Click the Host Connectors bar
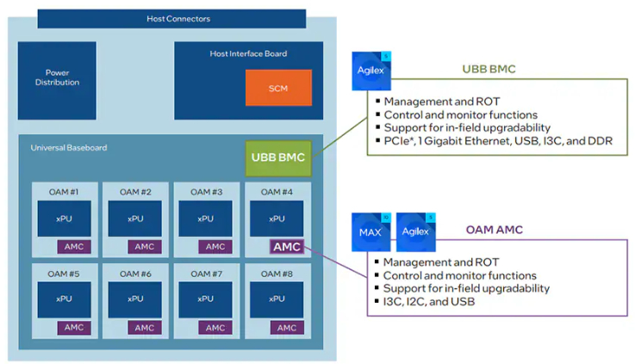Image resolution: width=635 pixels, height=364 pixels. (178, 18)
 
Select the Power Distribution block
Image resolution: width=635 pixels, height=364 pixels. (62, 77)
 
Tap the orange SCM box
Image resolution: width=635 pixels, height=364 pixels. (278, 88)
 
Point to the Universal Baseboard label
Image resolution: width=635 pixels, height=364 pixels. (69, 147)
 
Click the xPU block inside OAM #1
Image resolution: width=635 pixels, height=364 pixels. (64, 219)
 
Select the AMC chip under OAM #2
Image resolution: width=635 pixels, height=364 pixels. (145, 247)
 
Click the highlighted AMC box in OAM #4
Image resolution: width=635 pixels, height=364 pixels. (286, 246)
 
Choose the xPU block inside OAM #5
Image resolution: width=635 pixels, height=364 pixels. (64, 299)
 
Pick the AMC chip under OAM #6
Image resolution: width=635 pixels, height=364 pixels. (145, 328)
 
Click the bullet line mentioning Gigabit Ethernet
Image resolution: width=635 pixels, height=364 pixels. (498, 140)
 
